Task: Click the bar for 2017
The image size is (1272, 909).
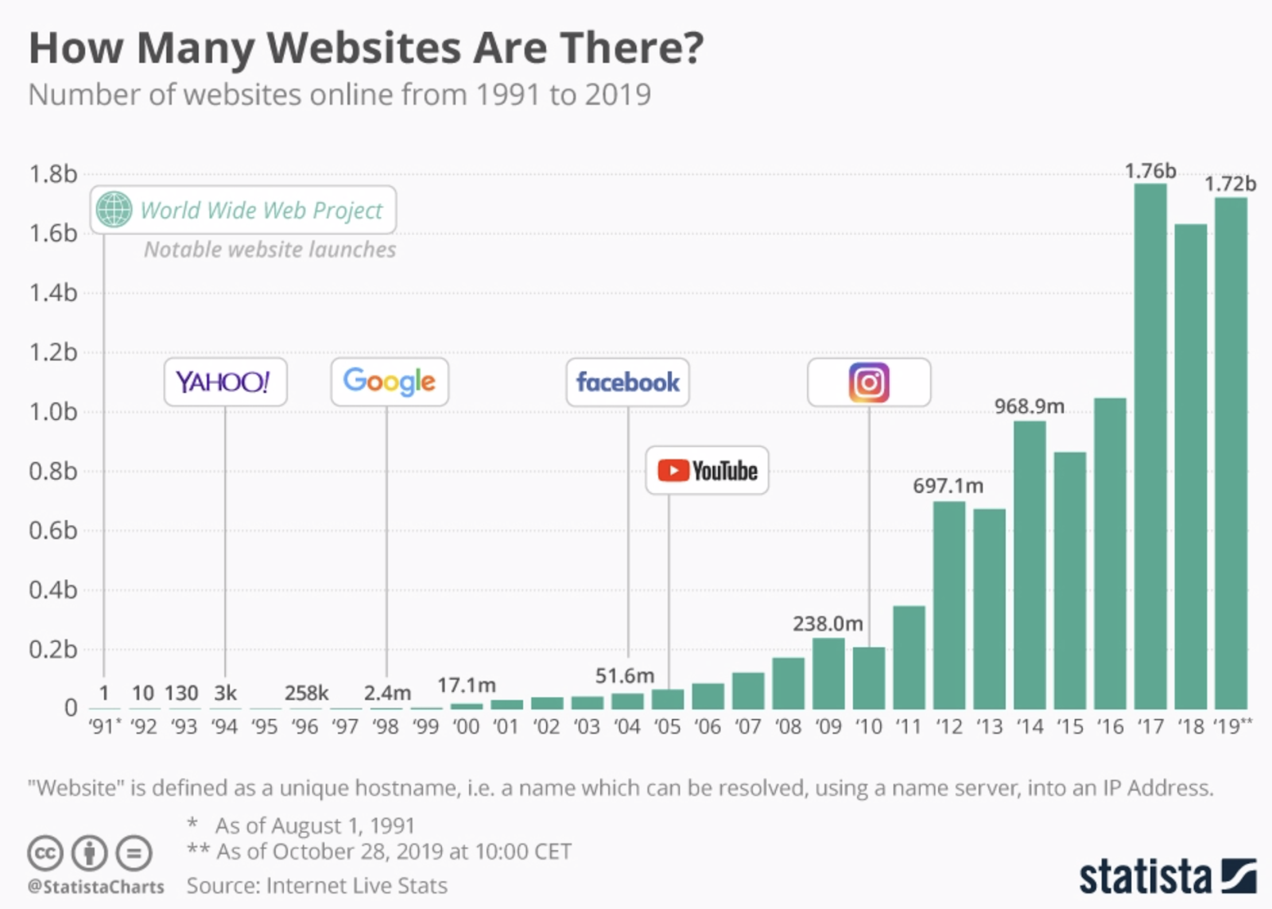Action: point(1150,445)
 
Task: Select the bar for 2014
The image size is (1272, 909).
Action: point(1030,565)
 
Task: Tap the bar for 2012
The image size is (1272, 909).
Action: point(948,604)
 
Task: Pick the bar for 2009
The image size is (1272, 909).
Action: point(828,674)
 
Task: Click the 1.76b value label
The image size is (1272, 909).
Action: point(1150,171)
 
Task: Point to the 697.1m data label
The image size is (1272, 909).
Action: point(948,485)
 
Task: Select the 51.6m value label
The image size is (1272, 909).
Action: point(625,676)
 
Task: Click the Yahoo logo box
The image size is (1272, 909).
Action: point(225,383)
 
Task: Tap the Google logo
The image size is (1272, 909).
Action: point(390,383)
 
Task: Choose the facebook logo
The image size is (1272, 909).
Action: point(627,383)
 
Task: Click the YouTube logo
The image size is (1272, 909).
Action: point(707,471)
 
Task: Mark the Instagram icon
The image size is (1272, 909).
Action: point(869,383)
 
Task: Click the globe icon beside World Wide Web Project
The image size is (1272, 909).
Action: point(114,210)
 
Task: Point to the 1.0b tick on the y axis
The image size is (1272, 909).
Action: point(52,412)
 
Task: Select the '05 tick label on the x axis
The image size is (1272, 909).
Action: point(667,727)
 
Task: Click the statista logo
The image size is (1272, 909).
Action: point(1167,876)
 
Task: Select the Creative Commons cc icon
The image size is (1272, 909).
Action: point(45,853)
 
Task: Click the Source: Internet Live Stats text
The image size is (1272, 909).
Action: point(316,886)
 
